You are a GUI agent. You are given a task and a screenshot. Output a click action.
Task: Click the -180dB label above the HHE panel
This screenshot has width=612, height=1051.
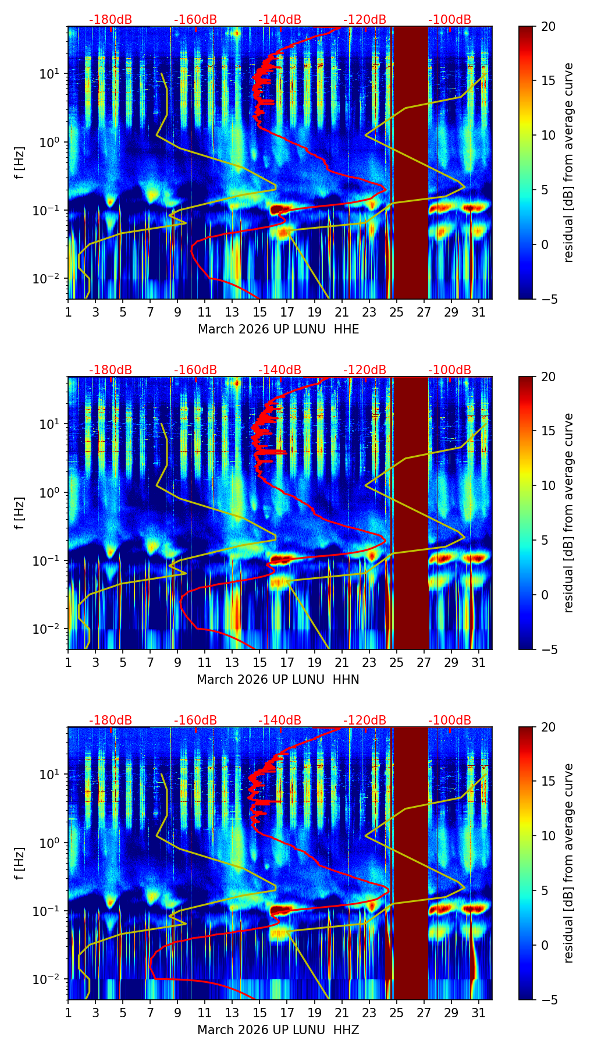pos(111,20)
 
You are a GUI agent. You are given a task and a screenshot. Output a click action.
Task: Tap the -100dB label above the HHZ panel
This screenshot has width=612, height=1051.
pos(450,720)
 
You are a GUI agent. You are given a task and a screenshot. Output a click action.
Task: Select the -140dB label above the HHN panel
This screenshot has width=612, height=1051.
pos(280,370)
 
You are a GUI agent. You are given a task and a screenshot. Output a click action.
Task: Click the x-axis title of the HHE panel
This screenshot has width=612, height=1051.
pos(278,329)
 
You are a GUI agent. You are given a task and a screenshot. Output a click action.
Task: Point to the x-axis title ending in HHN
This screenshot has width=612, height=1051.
pos(278,680)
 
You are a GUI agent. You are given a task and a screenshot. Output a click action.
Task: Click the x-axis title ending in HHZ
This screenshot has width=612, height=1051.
pos(278,1030)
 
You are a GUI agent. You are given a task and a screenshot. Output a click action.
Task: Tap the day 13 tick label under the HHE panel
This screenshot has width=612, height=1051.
pos(232,312)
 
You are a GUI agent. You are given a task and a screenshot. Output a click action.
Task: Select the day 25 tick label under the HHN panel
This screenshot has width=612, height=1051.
pos(396,662)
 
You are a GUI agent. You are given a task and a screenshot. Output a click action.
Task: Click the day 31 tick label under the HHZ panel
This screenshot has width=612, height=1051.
pos(478,1013)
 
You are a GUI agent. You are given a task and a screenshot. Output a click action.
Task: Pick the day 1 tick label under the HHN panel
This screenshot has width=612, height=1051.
pos(68,662)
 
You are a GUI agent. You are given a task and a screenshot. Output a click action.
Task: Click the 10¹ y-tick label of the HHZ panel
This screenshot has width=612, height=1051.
pos(51,774)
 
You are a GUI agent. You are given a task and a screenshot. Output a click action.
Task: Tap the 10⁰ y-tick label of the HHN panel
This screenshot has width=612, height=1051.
pos(51,492)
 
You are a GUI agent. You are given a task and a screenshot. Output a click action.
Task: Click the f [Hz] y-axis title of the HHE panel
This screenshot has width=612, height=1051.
pos(20,162)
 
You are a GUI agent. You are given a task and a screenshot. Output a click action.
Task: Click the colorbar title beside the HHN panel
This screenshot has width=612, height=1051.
pos(569,513)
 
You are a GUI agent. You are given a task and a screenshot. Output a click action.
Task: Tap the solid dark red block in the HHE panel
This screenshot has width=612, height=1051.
pos(411,162)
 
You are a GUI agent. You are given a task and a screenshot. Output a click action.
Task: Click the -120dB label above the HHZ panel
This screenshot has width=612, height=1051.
pos(365,720)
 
